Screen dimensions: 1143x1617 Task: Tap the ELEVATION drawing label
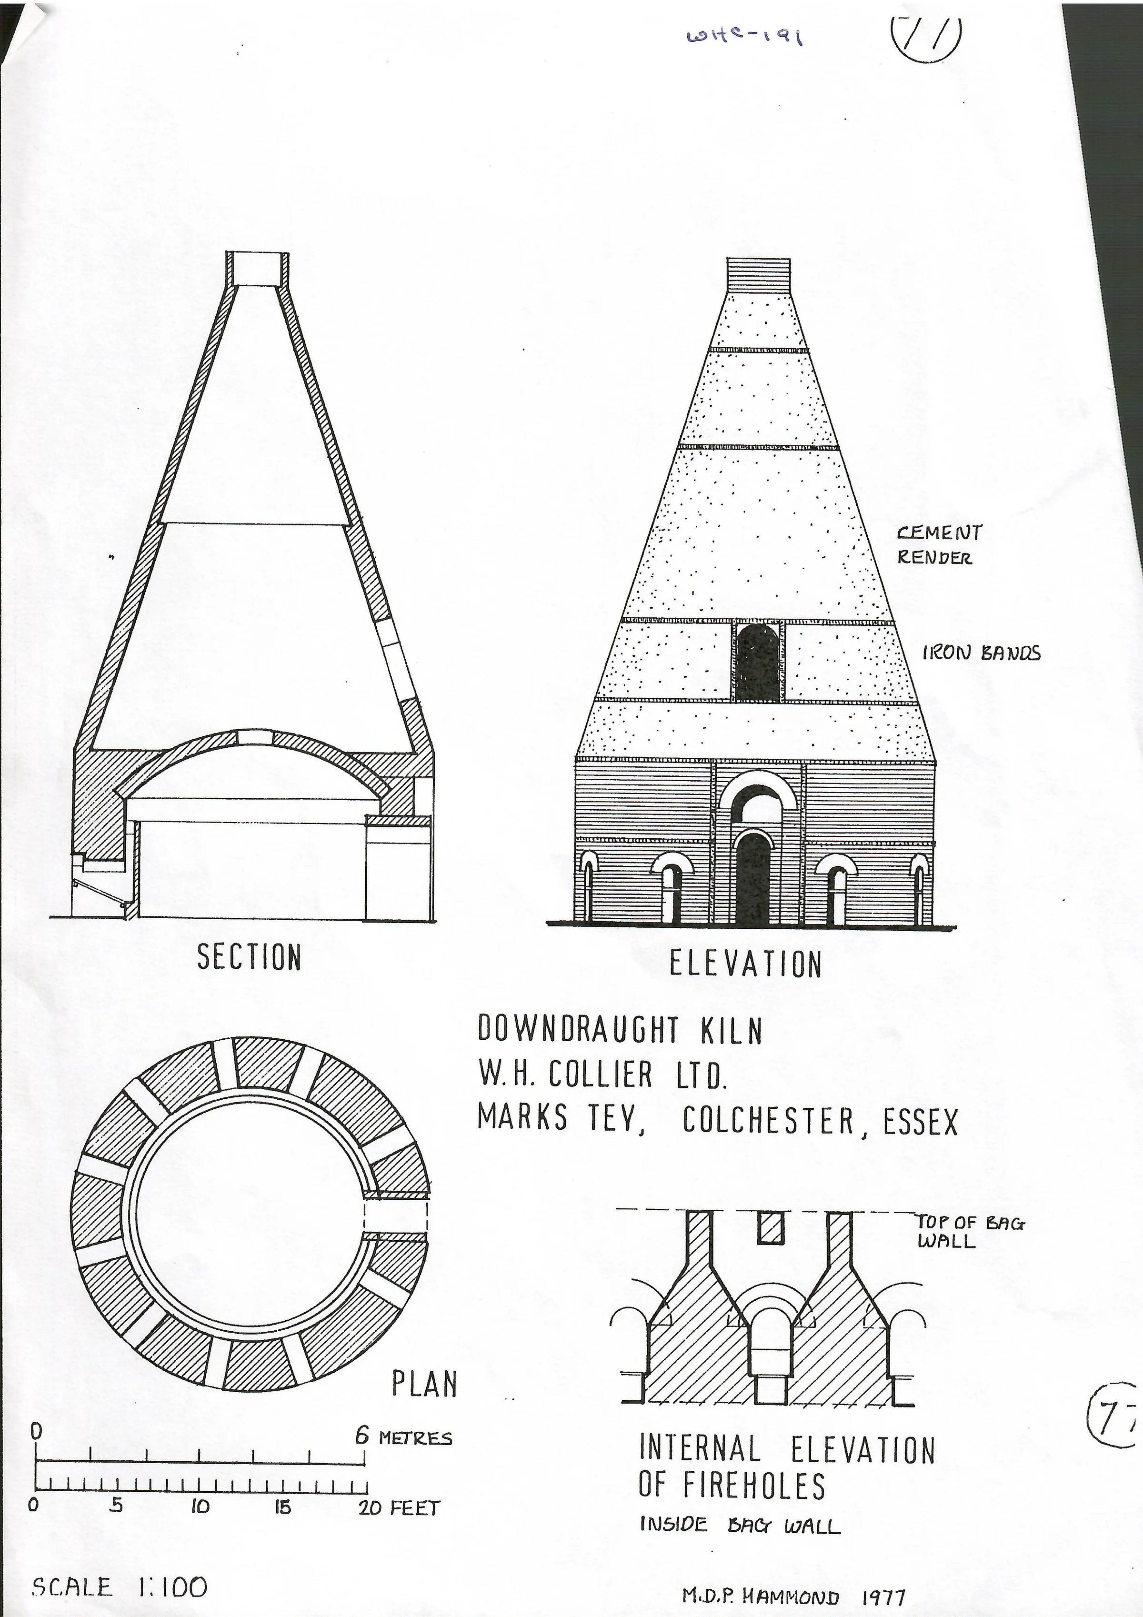746,964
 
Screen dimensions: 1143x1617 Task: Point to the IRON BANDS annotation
981,653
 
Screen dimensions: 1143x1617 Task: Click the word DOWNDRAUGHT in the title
578,1030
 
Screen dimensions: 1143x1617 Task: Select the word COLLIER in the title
600,1074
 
